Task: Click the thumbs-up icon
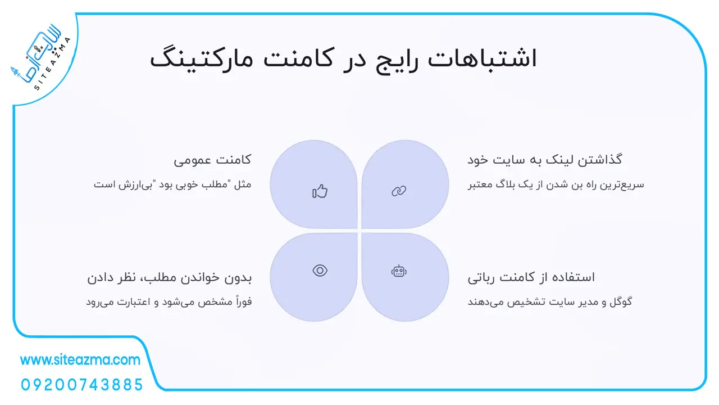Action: click(320, 191)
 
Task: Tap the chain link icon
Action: click(399, 191)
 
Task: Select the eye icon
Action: click(320, 271)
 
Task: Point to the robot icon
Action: click(399, 271)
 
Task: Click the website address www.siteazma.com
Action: click(80, 360)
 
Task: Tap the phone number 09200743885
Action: click(82, 385)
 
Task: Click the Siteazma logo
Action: click(40, 58)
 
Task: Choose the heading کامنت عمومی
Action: click(212, 160)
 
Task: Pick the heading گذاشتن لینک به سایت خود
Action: click(544, 160)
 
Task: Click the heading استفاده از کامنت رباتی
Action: click(531, 277)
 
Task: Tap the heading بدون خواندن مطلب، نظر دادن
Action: click(169, 277)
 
